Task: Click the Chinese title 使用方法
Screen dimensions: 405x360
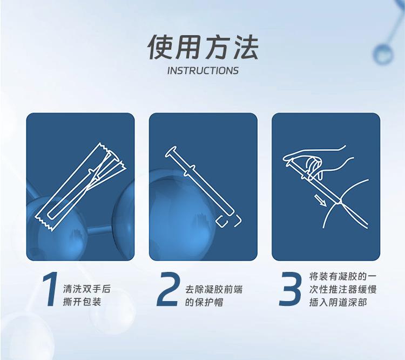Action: click(x=202, y=48)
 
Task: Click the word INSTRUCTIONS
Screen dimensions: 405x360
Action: click(x=202, y=71)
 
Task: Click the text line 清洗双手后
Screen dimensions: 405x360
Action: click(x=87, y=289)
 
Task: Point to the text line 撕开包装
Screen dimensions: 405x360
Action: click(x=82, y=302)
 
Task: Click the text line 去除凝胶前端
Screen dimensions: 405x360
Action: click(x=214, y=289)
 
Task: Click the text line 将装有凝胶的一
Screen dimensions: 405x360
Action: click(x=343, y=276)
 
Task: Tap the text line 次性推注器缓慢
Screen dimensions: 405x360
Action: click(x=343, y=289)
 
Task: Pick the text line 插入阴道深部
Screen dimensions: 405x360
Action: click(x=338, y=302)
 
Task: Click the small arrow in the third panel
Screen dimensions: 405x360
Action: click(x=320, y=201)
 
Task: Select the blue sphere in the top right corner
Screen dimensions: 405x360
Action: click(x=383, y=54)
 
